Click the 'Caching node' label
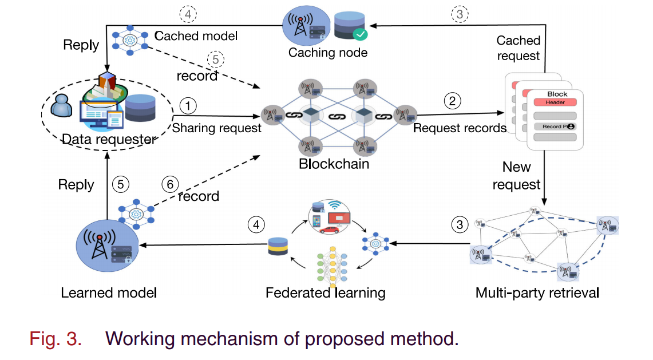(x=327, y=53)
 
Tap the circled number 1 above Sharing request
(x=188, y=105)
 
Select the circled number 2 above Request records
(x=452, y=101)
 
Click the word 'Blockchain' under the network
(x=334, y=164)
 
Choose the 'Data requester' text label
(x=108, y=139)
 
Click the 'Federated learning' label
(x=325, y=293)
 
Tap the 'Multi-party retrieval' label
(x=537, y=293)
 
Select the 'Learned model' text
(x=109, y=293)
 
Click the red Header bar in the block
(x=554, y=102)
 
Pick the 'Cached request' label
(x=518, y=48)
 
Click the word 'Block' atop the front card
(x=557, y=94)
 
